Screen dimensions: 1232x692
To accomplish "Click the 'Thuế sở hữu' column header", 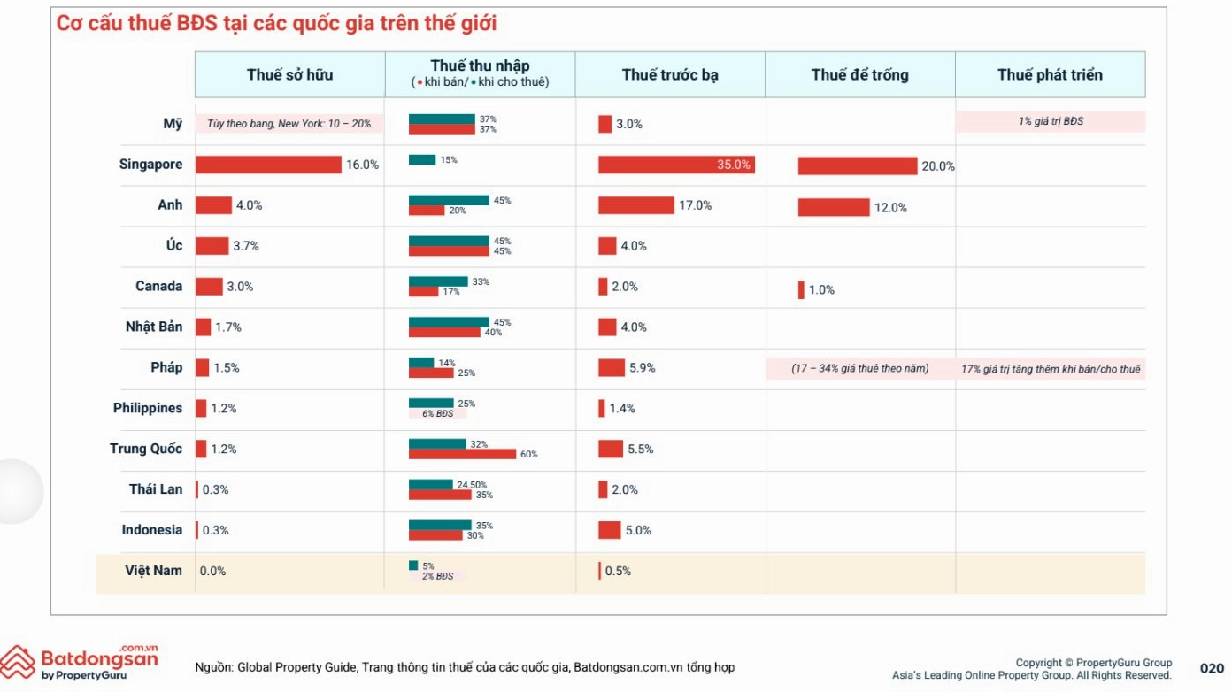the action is pyautogui.click(x=289, y=75).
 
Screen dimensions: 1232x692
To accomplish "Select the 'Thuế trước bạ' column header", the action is pyautogui.click(x=670, y=75).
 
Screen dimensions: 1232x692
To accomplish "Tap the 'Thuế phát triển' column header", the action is pyautogui.click(x=1050, y=75).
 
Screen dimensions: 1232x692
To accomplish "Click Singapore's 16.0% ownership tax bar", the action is pyautogui.click(x=268, y=165).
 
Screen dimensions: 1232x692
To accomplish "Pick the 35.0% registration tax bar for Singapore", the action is pyautogui.click(x=676, y=165).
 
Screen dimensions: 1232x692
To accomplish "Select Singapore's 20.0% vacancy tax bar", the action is pyautogui.click(x=858, y=166).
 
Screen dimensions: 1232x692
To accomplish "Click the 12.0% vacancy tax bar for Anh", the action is pyautogui.click(x=834, y=207).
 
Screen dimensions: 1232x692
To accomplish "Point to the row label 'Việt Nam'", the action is pyautogui.click(x=153, y=571).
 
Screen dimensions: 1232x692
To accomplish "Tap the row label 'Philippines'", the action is pyautogui.click(x=148, y=408).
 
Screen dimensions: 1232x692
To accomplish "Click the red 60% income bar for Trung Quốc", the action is pyautogui.click(x=463, y=454).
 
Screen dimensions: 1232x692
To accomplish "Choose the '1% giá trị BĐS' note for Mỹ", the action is pyautogui.click(x=1051, y=121).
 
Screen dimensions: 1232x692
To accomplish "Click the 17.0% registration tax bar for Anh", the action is pyautogui.click(x=636, y=205).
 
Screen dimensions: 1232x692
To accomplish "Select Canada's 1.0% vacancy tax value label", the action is pyautogui.click(x=821, y=290).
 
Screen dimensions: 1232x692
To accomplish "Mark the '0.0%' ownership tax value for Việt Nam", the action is pyautogui.click(x=212, y=571).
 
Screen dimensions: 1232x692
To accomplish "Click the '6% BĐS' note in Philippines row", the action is pyautogui.click(x=438, y=413).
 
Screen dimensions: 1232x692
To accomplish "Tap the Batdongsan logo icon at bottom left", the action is pyautogui.click(x=18, y=662).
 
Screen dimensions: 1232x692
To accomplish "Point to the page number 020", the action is pyautogui.click(x=1212, y=668).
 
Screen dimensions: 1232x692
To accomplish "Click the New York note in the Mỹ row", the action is pyautogui.click(x=289, y=124).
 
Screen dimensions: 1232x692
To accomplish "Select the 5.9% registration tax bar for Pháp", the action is pyautogui.click(x=612, y=367).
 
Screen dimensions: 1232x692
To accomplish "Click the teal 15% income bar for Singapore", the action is pyautogui.click(x=422, y=159).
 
